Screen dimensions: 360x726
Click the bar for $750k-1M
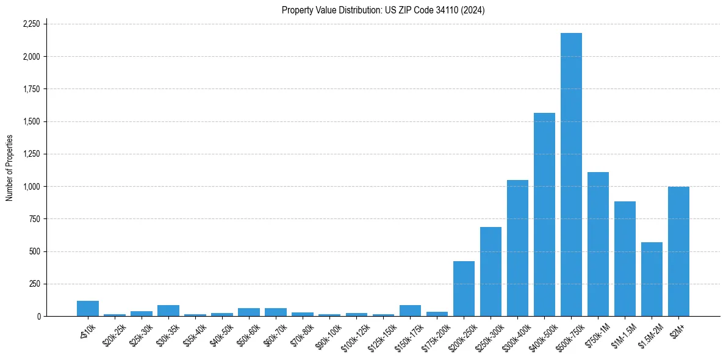[598, 244]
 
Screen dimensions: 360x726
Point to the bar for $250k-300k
[491, 272]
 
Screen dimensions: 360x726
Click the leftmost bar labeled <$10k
[88, 309]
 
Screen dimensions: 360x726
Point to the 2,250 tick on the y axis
[31, 24]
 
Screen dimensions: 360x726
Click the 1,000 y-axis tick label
[31, 187]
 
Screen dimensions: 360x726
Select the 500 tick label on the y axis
[34, 251]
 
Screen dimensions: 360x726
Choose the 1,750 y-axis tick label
[31, 89]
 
